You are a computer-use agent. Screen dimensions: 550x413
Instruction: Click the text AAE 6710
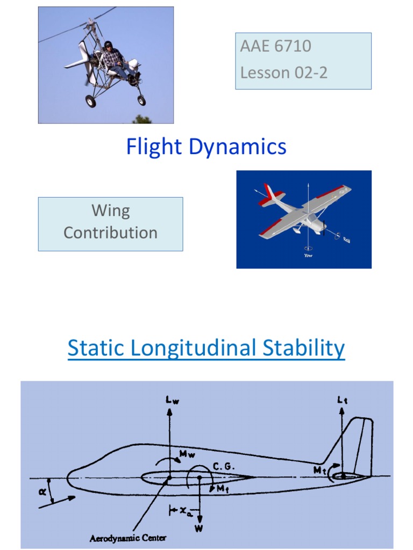(x=275, y=46)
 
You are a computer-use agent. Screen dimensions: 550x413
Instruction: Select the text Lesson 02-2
(x=283, y=73)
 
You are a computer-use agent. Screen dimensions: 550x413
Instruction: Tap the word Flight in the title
(x=153, y=147)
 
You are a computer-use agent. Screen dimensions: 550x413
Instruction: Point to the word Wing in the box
(x=110, y=210)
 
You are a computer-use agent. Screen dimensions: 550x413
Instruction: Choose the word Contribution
(x=110, y=233)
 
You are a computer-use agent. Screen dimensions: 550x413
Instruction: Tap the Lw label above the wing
(x=170, y=400)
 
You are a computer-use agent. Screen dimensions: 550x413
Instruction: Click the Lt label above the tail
(x=342, y=400)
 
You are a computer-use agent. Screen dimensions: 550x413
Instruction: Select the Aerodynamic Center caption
(x=128, y=538)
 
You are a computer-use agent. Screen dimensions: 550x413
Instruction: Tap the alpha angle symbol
(x=43, y=490)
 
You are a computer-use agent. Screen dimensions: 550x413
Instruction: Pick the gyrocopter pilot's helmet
(x=108, y=45)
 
